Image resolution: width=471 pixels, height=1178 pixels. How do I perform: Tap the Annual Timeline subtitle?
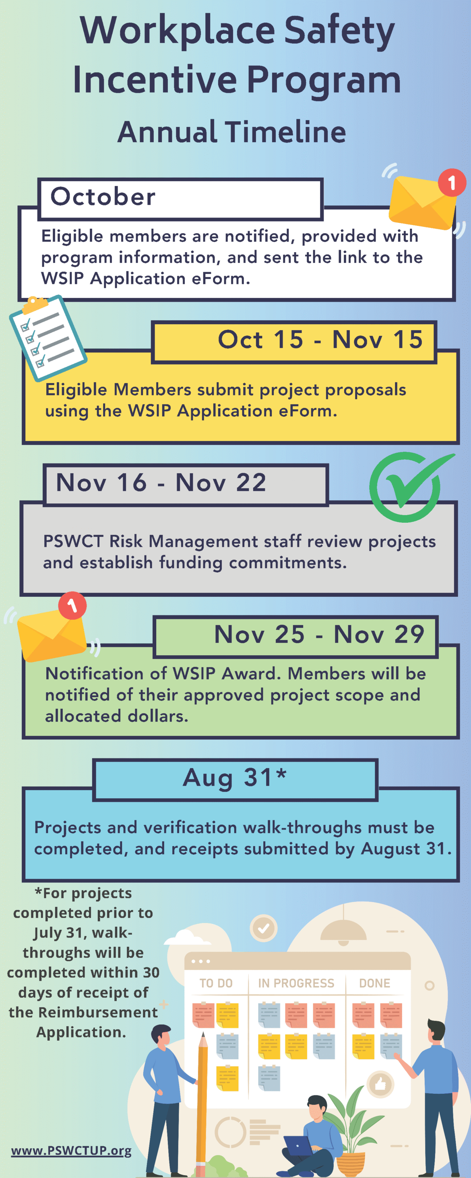coord(232,132)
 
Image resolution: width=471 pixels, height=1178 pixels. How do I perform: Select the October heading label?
coord(103,197)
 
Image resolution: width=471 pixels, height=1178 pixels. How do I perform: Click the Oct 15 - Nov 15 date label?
coord(320,340)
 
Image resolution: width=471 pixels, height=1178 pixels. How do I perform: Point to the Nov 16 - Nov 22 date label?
coord(161,482)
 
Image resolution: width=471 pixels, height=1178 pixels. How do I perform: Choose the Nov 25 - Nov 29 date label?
coord(319,634)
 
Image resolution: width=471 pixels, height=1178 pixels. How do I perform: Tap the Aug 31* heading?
coord(235,777)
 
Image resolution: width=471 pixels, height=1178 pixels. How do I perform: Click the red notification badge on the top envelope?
coord(452,182)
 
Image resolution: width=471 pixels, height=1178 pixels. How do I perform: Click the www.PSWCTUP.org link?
coord(71,1151)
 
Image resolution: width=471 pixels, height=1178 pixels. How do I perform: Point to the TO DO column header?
coord(216,983)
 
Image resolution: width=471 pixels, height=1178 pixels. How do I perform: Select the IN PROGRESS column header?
coord(296,983)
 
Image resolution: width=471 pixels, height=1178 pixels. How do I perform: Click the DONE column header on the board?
coord(374,983)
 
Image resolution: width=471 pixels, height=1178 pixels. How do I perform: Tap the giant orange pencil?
coord(201,1102)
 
